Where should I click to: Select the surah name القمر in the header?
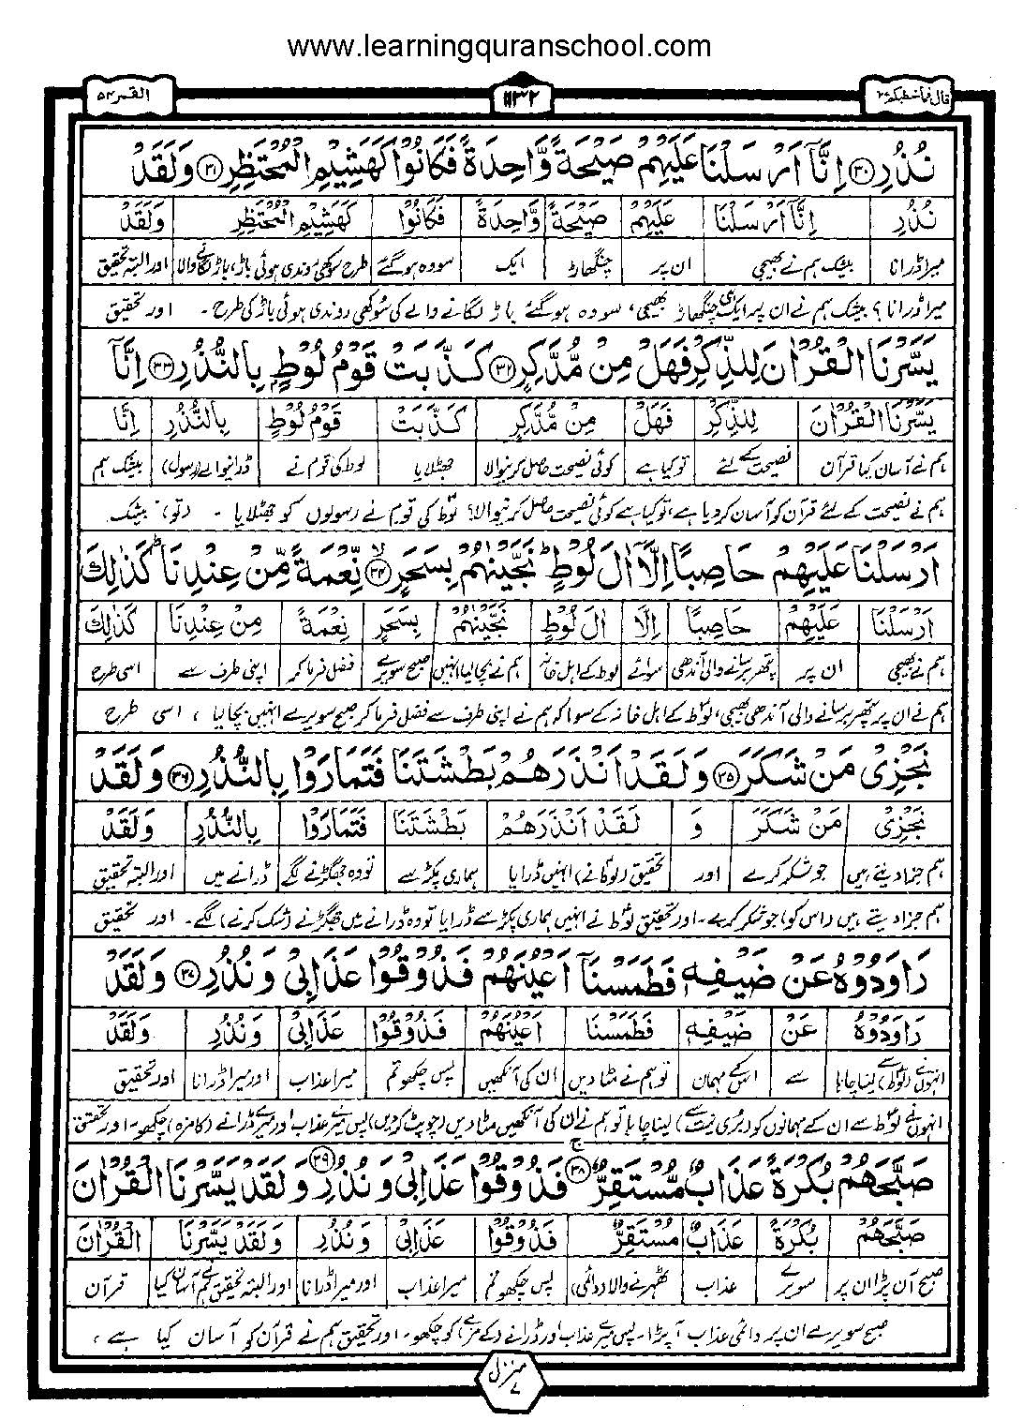pyautogui.click(x=119, y=96)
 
